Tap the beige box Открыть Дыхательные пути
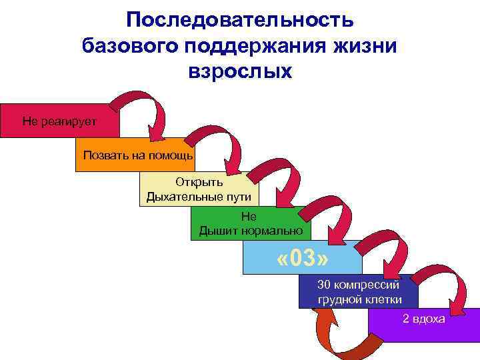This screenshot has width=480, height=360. pyautogui.click(x=199, y=189)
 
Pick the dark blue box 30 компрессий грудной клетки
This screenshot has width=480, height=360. pyautogui.click(x=359, y=291)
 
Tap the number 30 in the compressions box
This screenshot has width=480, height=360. pyautogui.click(x=324, y=285)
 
